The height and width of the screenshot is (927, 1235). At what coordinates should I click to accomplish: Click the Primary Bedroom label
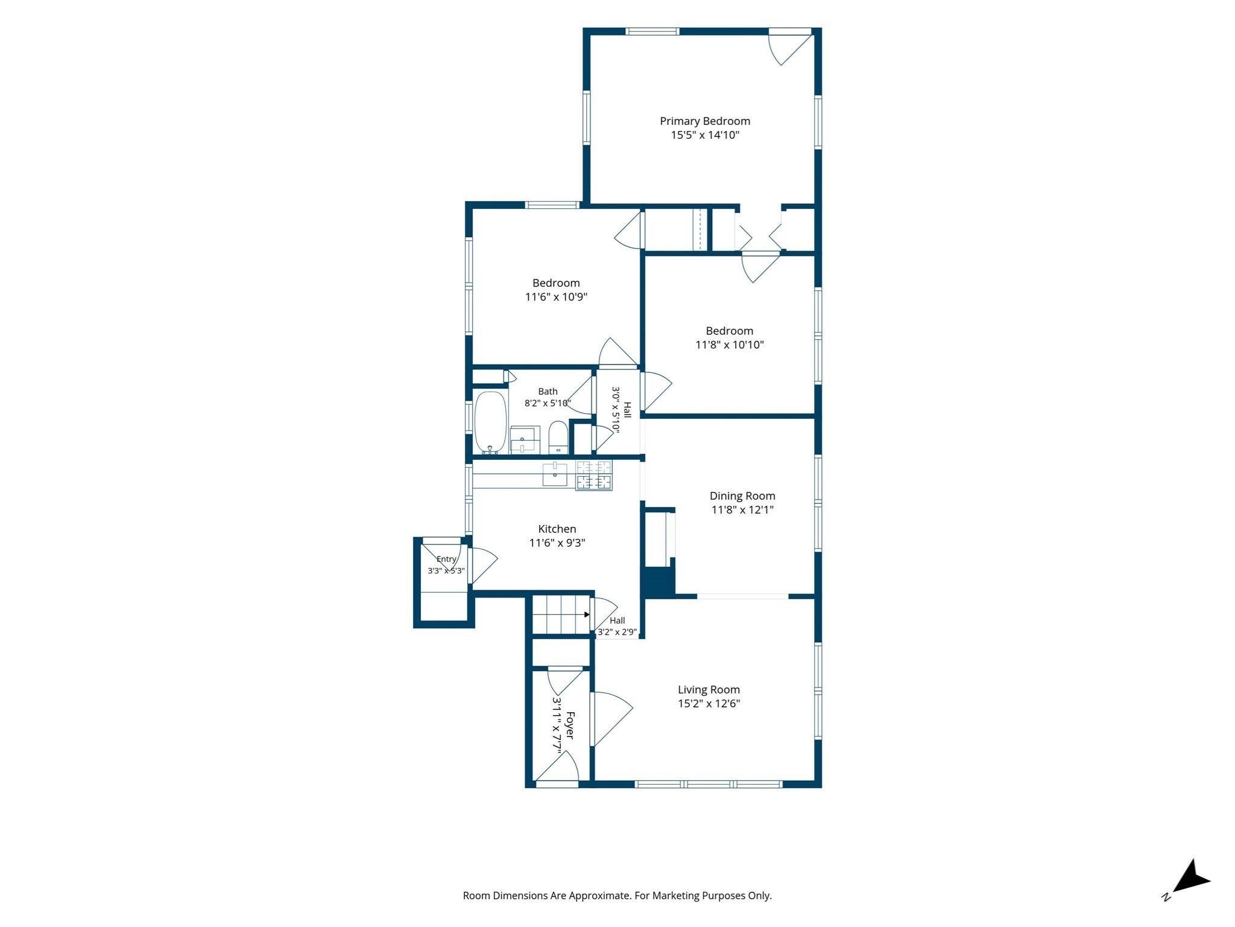point(705,121)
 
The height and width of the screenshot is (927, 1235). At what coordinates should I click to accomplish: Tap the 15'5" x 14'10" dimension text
point(705,135)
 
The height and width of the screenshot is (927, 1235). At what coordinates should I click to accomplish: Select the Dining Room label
point(742,496)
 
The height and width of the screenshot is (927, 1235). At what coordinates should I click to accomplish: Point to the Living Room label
point(709,690)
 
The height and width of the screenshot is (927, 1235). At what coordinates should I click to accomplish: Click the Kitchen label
point(557,529)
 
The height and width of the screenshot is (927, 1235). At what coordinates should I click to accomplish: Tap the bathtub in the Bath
point(490,422)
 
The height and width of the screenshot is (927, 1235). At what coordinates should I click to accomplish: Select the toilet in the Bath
point(558,438)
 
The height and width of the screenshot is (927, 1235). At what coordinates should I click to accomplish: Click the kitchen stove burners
point(594,475)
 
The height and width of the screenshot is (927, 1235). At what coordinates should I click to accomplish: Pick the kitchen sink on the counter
point(555,474)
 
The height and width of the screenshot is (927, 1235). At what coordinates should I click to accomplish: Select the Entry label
point(446,559)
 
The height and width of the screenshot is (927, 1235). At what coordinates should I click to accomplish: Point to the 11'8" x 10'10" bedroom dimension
point(730,345)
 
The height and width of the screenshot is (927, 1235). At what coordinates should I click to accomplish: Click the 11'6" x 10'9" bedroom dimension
point(556,297)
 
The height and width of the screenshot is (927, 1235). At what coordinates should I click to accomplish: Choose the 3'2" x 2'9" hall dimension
point(617,632)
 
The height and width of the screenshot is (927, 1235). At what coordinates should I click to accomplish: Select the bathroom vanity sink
point(525,439)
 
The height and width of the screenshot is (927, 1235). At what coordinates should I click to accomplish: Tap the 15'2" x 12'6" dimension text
point(709,704)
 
